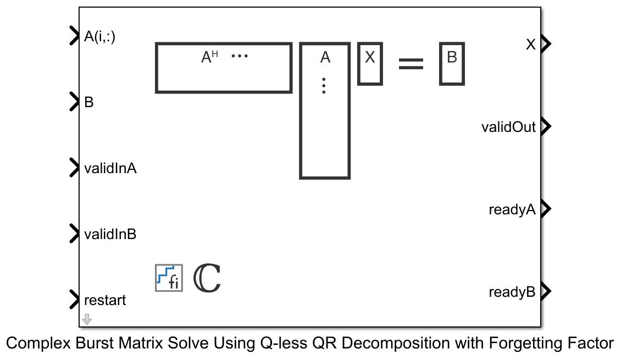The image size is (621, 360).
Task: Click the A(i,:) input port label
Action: click(99, 36)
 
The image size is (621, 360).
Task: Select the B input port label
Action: click(89, 102)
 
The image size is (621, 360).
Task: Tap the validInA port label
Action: click(110, 168)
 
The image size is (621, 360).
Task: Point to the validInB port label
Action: click(110, 234)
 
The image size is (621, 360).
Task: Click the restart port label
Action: click(105, 300)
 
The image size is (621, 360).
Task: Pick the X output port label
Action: click(530, 45)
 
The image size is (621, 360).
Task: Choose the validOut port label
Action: click(508, 128)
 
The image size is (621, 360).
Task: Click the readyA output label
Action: click(512, 209)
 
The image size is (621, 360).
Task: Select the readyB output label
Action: click(512, 292)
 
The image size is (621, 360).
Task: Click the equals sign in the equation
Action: click(411, 64)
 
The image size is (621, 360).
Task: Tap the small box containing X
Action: click(370, 64)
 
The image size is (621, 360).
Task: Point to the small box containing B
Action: click(452, 64)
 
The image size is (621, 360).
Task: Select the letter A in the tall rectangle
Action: click(325, 57)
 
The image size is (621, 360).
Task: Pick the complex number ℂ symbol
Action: click(207, 278)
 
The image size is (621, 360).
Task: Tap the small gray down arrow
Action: click(87, 319)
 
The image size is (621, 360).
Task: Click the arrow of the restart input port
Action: click(74, 300)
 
